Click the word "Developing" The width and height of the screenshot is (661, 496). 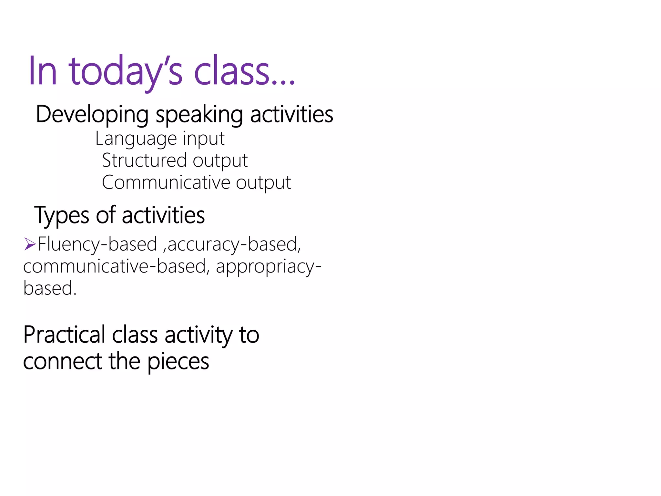coord(92,115)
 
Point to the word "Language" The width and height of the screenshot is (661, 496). coord(136,139)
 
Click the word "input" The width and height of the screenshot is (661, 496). coord(203,139)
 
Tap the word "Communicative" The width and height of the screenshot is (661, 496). coord(166,182)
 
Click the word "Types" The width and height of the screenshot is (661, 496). coord(62,215)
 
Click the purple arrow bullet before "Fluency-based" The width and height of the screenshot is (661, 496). coord(30,244)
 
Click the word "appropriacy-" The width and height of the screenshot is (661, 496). coord(269,267)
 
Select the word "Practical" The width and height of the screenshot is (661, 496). coord(64,335)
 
